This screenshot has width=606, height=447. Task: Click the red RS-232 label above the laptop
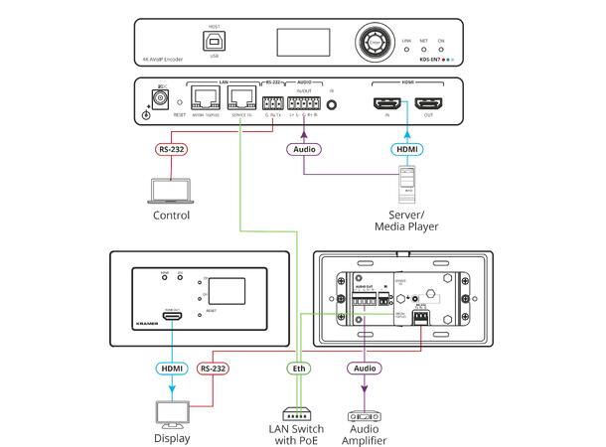[x=172, y=151]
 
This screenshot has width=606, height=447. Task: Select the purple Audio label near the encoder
[x=304, y=151]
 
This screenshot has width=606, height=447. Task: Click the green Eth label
[x=297, y=369]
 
